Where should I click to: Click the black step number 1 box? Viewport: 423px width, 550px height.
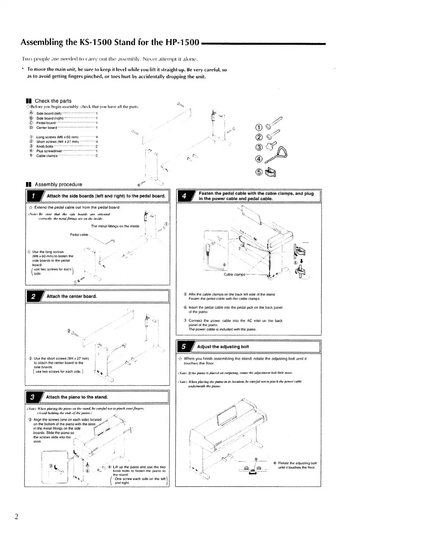tap(33, 196)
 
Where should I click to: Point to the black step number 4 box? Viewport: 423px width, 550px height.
tap(184, 196)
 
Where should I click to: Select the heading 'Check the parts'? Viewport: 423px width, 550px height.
tap(53, 101)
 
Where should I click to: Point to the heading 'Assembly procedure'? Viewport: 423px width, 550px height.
tap(59, 184)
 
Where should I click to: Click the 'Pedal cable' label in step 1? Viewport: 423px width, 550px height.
tap(79, 235)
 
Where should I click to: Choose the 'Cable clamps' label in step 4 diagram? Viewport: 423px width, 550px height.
tap(234, 274)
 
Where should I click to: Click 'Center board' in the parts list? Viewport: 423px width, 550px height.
tap(46, 128)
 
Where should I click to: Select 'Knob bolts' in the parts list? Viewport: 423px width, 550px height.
tap(45, 146)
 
